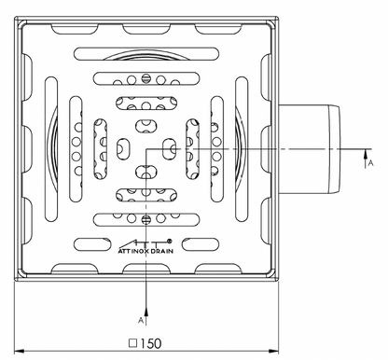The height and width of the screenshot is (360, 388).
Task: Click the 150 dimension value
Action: click(151, 343)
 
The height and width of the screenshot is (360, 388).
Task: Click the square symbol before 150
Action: click(133, 343)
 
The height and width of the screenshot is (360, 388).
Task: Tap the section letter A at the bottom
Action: click(141, 320)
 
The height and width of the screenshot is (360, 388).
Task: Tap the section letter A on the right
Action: click(370, 162)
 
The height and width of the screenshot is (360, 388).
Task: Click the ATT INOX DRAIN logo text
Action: click(145, 251)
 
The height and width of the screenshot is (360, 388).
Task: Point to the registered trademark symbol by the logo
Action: click(170, 241)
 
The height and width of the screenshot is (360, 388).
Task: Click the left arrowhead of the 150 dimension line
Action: click(20, 352)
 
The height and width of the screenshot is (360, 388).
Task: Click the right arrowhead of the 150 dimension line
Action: click(273, 352)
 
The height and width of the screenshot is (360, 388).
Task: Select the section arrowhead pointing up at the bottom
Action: click(146, 312)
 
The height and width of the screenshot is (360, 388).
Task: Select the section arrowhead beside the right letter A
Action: click(366, 154)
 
